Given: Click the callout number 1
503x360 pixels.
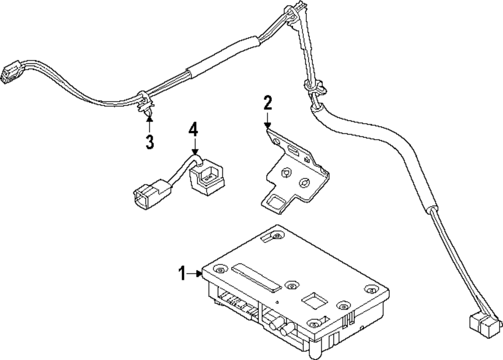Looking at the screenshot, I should [x=182, y=274].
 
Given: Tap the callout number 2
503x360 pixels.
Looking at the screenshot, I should [x=268, y=104].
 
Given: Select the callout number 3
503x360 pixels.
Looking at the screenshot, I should [x=149, y=142].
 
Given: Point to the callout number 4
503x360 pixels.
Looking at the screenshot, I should [x=194, y=130].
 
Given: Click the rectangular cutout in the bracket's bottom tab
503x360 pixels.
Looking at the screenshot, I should [x=276, y=202].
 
